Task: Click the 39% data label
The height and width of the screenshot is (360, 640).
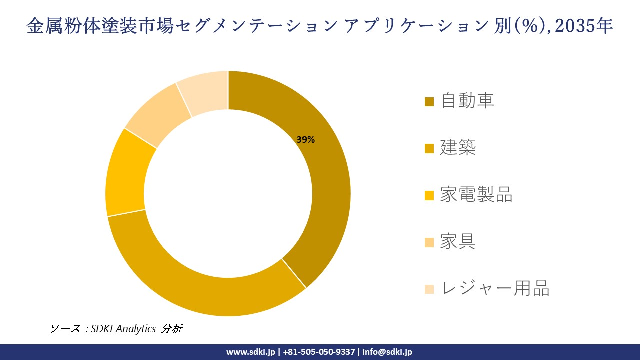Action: click(305, 140)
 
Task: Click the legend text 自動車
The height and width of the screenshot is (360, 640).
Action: click(467, 101)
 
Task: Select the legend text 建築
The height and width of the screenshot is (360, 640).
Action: click(458, 148)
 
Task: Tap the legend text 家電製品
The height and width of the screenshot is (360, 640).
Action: click(476, 195)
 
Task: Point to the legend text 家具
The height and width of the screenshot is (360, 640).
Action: click(458, 242)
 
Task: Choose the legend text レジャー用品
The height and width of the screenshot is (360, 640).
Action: click(495, 289)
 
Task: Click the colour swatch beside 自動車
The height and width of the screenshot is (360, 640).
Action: click(429, 102)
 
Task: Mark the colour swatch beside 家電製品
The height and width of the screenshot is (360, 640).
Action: click(429, 196)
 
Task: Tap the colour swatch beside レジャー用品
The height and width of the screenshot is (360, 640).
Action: click(429, 289)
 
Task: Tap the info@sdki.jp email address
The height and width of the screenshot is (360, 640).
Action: click(387, 352)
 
